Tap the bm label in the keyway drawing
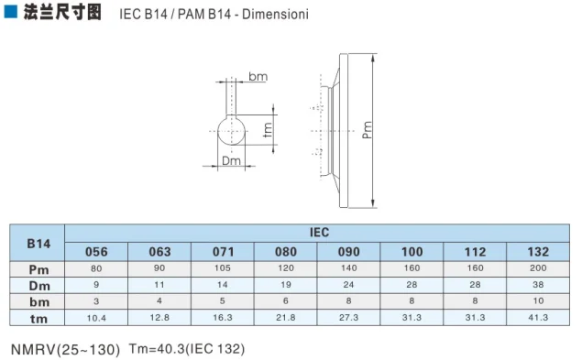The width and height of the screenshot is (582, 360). pos(258,78)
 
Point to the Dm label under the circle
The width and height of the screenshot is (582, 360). pos(232,161)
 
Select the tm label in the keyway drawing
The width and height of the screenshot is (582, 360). pos(268,130)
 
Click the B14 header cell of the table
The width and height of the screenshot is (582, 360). pos(38,243)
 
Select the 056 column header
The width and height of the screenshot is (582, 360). pos(96,252)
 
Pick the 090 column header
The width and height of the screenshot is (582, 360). pos(349,252)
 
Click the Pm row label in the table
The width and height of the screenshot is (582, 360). pos(38,268)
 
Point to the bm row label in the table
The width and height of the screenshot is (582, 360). pos(38,300)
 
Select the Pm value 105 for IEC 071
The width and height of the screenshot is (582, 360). pos(223,268)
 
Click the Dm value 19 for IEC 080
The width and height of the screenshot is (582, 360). pos(286,285)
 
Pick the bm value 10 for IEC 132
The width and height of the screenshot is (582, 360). pos(539,300)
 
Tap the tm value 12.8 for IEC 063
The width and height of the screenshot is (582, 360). pos(159,317)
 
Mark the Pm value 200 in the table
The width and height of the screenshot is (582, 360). pos(539,268)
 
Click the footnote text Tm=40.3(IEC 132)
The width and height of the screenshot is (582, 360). pos(187,349)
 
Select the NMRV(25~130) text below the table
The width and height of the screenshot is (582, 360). pos(65,349)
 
